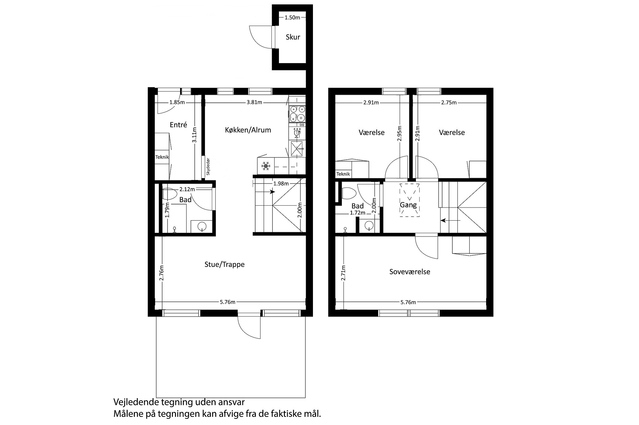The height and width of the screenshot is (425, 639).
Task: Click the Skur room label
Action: point(293,37)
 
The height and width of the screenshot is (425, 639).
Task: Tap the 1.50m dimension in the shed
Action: point(292,17)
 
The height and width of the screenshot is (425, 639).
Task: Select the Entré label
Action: point(178,125)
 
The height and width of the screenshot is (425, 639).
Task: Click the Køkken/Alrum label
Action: point(248,130)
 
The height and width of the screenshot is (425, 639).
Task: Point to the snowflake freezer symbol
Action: point(266,166)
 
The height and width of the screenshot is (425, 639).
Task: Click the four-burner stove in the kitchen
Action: point(297,114)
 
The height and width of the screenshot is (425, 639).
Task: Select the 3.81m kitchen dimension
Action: point(254,102)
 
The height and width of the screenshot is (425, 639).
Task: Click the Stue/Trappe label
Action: point(224,264)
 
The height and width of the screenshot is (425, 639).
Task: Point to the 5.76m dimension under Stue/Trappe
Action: point(228,302)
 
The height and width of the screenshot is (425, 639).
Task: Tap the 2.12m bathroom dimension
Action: point(187,189)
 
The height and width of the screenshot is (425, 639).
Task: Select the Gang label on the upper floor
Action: point(408,205)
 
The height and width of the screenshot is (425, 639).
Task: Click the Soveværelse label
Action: point(410,272)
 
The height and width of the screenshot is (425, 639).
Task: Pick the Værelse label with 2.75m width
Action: point(452,132)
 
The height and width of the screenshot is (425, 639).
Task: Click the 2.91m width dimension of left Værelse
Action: point(371,102)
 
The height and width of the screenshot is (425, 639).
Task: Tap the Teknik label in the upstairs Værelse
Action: point(343,174)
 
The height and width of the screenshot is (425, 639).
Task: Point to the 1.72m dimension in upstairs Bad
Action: point(358,213)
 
